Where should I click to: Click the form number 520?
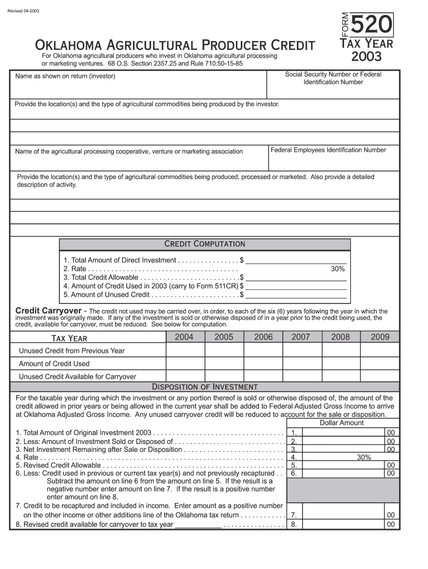click(x=372, y=26)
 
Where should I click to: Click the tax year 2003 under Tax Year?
click(x=366, y=57)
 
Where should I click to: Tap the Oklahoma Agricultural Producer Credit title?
click(x=175, y=45)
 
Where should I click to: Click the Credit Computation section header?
click(x=205, y=244)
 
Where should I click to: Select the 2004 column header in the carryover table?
click(x=184, y=337)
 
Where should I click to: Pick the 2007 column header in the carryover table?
click(x=301, y=337)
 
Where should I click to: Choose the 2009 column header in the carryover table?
click(x=380, y=337)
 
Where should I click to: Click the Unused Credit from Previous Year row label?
click(x=72, y=351)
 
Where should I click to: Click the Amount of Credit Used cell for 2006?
click(x=263, y=363)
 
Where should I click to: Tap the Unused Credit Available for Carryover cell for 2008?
click(x=340, y=376)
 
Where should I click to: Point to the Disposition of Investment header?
click(x=205, y=387)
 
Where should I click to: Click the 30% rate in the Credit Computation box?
click(x=338, y=269)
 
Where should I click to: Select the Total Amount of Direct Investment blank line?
click(x=296, y=260)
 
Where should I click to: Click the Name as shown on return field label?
click(x=65, y=76)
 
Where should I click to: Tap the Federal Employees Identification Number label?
click(x=328, y=150)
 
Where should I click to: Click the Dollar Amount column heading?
click(x=341, y=423)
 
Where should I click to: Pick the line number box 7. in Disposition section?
click(x=294, y=515)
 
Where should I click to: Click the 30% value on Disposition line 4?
click(x=364, y=457)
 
